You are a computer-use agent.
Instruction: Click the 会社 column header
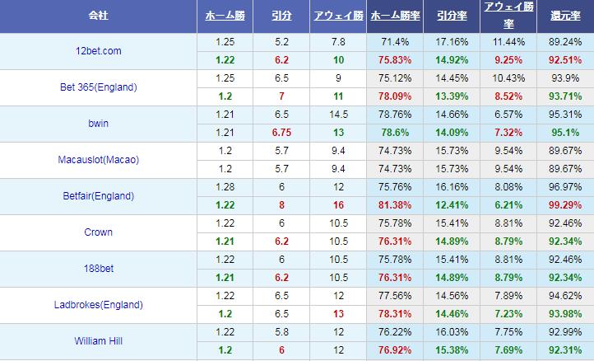click(100, 16)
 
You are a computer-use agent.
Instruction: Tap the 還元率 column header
click(565, 16)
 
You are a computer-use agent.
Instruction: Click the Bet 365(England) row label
click(99, 87)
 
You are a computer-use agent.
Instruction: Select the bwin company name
click(99, 124)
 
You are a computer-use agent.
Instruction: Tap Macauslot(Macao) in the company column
click(99, 160)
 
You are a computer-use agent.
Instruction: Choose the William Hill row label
click(99, 341)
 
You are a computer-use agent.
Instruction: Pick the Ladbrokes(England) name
click(99, 305)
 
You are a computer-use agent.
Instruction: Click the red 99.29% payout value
click(565, 204)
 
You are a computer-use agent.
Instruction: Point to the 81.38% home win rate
click(394, 204)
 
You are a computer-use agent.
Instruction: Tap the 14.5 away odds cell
click(338, 114)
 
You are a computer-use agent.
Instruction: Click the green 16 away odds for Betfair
click(338, 204)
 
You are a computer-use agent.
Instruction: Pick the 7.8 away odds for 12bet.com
click(338, 41)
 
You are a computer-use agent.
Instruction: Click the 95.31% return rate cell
click(565, 114)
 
